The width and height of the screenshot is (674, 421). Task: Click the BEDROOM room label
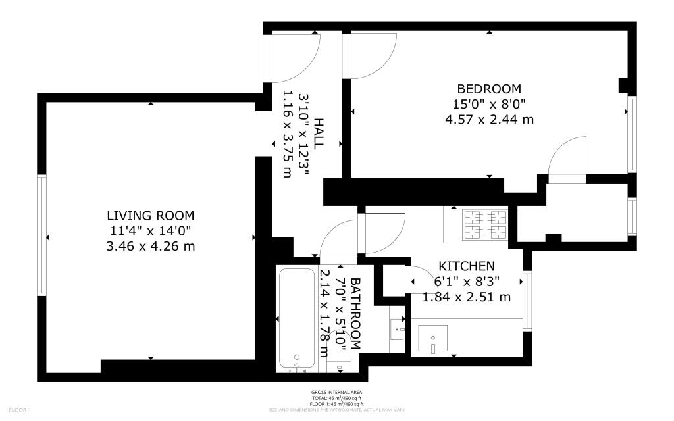click(489, 89)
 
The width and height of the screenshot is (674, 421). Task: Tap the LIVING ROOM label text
click(151, 216)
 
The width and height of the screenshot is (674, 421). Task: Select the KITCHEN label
click(467, 266)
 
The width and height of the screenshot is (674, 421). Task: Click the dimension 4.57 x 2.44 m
click(489, 120)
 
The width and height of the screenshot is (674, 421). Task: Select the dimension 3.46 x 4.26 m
click(151, 246)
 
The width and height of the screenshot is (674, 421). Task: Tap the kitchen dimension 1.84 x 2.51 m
click(467, 297)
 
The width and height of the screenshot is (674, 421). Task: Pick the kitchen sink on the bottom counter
click(432, 339)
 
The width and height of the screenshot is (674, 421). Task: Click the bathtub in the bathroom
click(297, 318)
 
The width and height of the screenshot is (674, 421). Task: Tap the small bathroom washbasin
click(397, 326)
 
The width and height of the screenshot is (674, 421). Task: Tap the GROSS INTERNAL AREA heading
click(336, 393)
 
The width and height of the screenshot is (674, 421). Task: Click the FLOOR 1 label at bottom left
click(20, 410)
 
